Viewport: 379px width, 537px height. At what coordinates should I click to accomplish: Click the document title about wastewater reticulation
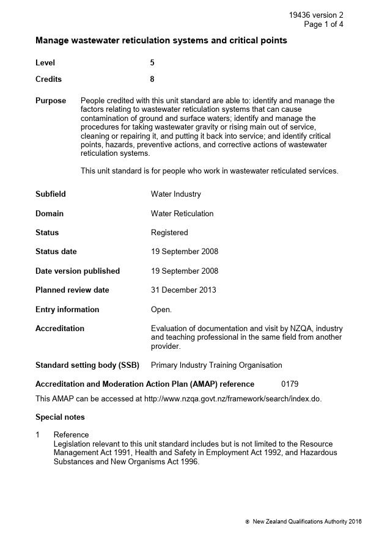161,41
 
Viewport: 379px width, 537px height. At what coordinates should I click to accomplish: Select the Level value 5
152,62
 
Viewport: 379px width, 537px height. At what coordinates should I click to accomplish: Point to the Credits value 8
152,79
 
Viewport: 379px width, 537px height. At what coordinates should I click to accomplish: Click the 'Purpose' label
51,101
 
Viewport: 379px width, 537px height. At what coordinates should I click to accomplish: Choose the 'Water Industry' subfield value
175,194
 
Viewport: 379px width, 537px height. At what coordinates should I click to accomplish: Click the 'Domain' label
50,214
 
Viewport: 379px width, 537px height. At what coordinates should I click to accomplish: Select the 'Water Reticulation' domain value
182,214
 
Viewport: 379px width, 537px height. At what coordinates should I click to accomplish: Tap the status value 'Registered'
169,233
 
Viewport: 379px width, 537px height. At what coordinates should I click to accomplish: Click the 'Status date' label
56,252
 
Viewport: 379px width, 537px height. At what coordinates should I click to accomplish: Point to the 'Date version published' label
78,271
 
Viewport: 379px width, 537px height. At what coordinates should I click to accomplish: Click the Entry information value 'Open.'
161,310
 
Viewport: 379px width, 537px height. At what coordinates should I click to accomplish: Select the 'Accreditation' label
60,329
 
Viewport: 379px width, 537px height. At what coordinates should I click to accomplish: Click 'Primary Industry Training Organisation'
216,365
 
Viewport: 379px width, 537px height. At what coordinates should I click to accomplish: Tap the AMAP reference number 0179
290,384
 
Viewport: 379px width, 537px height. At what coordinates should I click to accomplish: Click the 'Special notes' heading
60,417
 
